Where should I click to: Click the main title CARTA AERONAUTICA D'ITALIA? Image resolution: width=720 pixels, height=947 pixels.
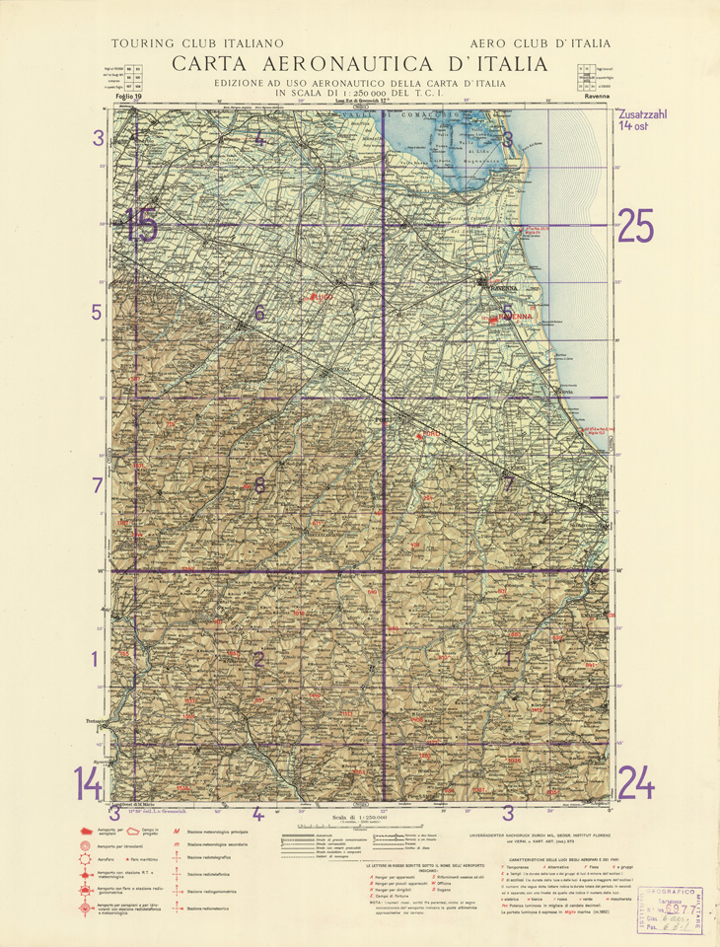tap(359, 64)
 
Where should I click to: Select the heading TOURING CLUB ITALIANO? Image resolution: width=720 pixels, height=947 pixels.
tap(197, 43)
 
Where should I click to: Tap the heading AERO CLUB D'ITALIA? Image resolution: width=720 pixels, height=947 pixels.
tap(540, 43)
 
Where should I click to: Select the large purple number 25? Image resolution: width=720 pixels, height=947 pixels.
tap(636, 227)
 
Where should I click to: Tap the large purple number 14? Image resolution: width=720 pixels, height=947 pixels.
tap(88, 785)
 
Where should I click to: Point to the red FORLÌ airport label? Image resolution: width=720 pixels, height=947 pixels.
tap(425, 434)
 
